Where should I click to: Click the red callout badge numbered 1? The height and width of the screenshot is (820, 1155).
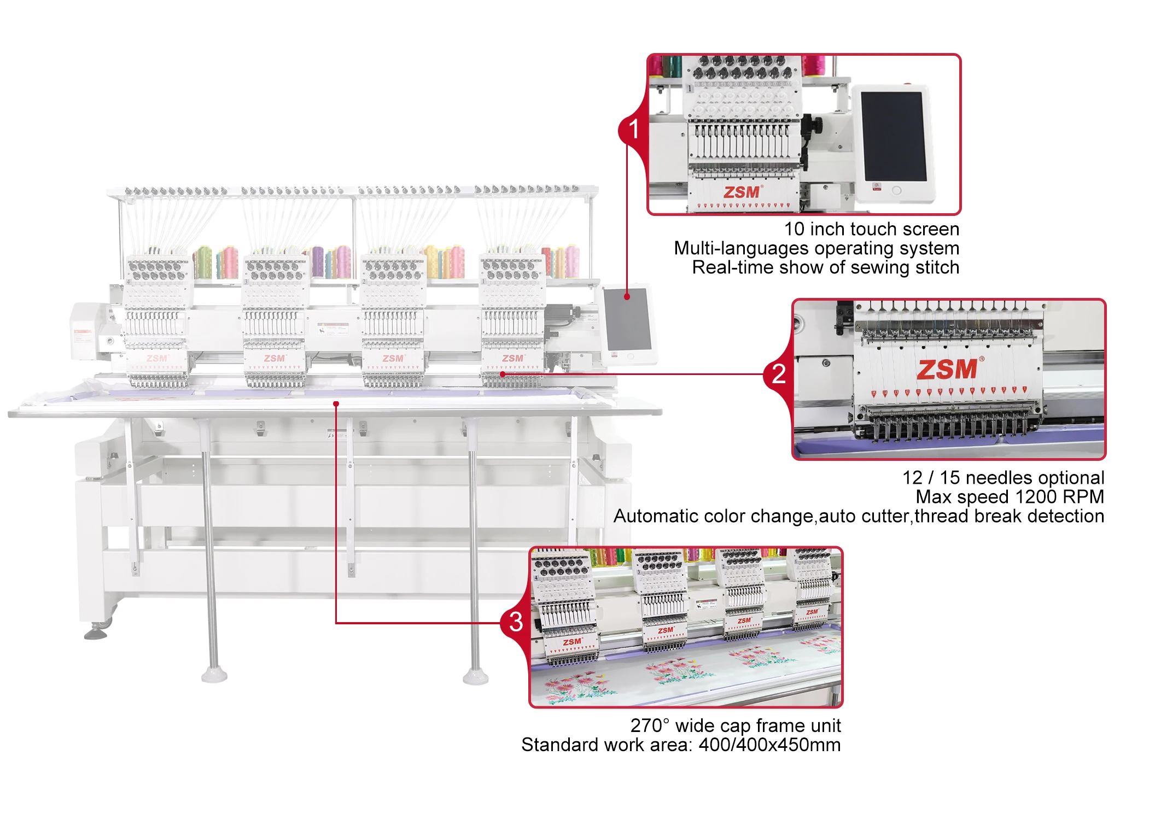pyautogui.click(x=633, y=130)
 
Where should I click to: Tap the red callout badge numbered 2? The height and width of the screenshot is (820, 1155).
pyautogui.click(x=778, y=374)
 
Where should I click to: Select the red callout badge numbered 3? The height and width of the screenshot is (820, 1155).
pyautogui.click(x=516, y=622)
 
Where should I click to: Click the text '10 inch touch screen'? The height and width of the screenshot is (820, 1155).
pyautogui.click(x=871, y=229)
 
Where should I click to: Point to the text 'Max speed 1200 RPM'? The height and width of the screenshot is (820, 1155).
pyautogui.click(x=1010, y=497)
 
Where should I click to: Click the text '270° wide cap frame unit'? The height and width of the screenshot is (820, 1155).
pyautogui.click(x=735, y=725)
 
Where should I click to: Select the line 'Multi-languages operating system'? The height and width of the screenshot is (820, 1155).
pyautogui.click(x=816, y=248)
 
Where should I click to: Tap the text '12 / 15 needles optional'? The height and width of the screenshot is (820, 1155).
pyautogui.click(x=1003, y=478)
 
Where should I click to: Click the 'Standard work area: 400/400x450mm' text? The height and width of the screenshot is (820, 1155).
pyautogui.click(x=680, y=745)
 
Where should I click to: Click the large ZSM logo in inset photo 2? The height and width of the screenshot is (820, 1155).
pyautogui.click(x=947, y=370)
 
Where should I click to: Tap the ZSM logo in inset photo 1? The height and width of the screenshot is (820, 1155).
pyautogui.click(x=742, y=192)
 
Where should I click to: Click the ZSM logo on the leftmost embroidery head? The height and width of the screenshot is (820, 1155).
pyautogui.click(x=157, y=359)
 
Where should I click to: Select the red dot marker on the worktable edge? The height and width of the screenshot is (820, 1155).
pyautogui.click(x=336, y=404)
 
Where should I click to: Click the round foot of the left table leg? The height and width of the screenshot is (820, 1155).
pyautogui.click(x=214, y=676)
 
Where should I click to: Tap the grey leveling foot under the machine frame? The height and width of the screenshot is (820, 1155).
pyautogui.click(x=96, y=634)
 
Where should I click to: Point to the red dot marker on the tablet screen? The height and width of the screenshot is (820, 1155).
pyautogui.click(x=627, y=297)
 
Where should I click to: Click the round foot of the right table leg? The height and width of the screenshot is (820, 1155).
pyautogui.click(x=475, y=678)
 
